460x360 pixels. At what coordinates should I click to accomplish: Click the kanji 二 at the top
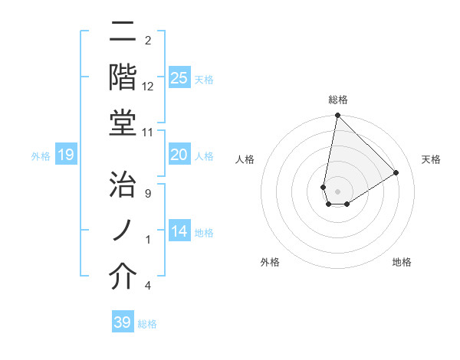tap(123, 32)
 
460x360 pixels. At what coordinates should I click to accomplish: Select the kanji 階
tap(123, 77)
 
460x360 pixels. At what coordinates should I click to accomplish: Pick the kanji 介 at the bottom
tap(123, 276)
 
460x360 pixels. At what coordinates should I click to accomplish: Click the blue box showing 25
tap(179, 77)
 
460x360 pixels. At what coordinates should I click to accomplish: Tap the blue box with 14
tap(179, 231)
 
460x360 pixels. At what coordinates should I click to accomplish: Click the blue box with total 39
tap(123, 322)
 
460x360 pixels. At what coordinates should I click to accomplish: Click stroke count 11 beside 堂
tap(148, 132)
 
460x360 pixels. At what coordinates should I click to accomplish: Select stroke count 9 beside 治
tap(148, 194)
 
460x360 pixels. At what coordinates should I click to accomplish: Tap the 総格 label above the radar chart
tap(338, 100)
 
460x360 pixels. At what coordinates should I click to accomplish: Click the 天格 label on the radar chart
tap(432, 159)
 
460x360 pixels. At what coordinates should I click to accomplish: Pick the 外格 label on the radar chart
tap(270, 262)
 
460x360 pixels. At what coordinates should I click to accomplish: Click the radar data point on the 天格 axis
tap(396, 172)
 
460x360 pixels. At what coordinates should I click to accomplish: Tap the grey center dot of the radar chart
tap(337, 190)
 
